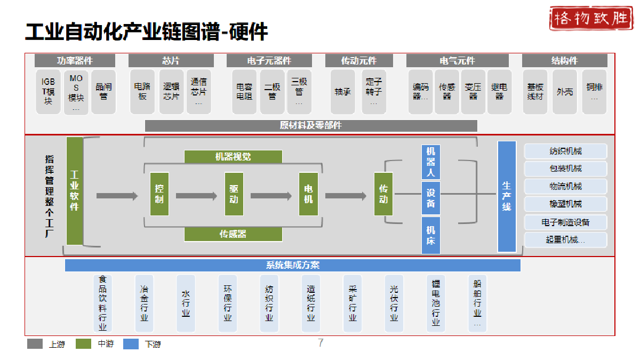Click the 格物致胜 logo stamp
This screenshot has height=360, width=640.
pyautogui.click(x=590, y=19)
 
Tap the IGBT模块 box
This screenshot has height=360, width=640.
pyautogui.click(x=49, y=91)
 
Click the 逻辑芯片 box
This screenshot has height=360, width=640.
pyautogui.click(x=171, y=91)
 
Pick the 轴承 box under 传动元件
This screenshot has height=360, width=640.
pyautogui.click(x=342, y=91)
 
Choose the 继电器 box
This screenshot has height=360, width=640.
pyautogui.click(x=499, y=91)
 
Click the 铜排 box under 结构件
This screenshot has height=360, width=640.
pyautogui.click(x=594, y=91)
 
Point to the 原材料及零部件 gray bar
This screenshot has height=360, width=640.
pyautogui.click(x=311, y=126)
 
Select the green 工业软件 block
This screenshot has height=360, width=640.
pyautogui.click(x=75, y=191)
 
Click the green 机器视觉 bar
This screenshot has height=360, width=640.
pyautogui.click(x=233, y=157)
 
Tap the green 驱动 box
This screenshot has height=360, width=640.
pyautogui.click(x=234, y=194)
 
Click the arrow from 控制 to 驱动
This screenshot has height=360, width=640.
pyautogui.click(x=196, y=196)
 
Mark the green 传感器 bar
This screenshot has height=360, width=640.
pyautogui.click(x=233, y=234)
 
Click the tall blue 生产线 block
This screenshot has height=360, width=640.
pyautogui.click(x=507, y=196)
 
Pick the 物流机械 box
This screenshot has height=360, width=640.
pyautogui.click(x=565, y=186)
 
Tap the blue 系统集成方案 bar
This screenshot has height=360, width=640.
pyautogui.click(x=293, y=265)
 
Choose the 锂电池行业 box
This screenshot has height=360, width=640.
pyautogui.click(x=436, y=303)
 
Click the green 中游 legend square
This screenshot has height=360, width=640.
pyautogui.click(x=84, y=344)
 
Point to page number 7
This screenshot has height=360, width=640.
pyautogui.click(x=321, y=343)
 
